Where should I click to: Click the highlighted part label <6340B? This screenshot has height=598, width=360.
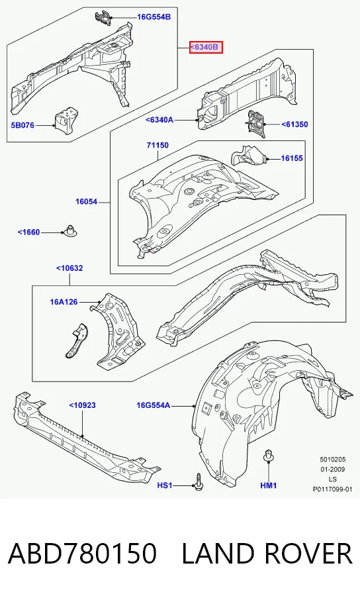(x=206, y=47)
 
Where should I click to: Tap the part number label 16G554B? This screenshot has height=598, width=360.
(x=154, y=17)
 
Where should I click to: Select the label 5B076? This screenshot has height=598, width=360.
(x=22, y=125)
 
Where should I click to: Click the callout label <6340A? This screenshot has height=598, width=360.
(x=159, y=120)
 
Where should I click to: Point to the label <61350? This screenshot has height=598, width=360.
(x=295, y=125)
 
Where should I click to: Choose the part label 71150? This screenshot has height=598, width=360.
(x=157, y=145)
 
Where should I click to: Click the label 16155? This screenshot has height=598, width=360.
(x=292, y=158)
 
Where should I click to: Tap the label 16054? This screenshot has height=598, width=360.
(x=87, y=202)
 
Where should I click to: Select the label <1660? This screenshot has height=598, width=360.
(x=28, y=232)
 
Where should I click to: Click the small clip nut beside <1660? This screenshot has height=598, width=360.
(x=69, y=230)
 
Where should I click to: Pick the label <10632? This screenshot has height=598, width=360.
(x=69, y=268)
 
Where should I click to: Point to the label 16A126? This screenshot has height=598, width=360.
(x=64, y=302)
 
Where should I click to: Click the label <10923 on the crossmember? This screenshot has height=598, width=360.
(x=82, y=405)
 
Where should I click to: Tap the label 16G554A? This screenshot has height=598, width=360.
(x=154, y=405)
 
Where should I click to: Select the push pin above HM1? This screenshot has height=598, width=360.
(x=268, y=456)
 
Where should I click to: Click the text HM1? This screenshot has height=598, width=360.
(x=269, y=485)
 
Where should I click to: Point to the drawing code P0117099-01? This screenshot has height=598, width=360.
(x=333, y=489)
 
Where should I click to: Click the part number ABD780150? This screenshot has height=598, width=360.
(x=82, y=554)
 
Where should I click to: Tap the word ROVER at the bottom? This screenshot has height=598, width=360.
(x=308, y=554)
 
